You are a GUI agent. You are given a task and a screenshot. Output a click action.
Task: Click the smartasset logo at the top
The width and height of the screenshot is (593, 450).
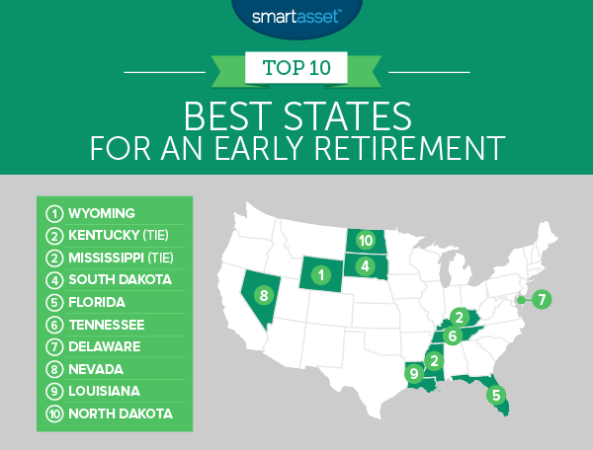tap(296, 17)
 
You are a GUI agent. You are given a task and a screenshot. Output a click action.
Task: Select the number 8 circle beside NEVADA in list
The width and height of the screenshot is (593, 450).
tap(54, 369)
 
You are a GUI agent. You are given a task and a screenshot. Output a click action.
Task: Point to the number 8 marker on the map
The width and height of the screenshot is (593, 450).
tap(263, 294)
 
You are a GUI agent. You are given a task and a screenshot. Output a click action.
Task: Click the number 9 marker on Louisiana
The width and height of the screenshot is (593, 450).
tap(413, 372)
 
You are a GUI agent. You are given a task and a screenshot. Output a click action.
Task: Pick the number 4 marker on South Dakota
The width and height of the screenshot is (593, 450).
tap(366, 265)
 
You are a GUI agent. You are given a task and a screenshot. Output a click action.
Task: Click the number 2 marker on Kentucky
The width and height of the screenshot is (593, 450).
tap(459, 317)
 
